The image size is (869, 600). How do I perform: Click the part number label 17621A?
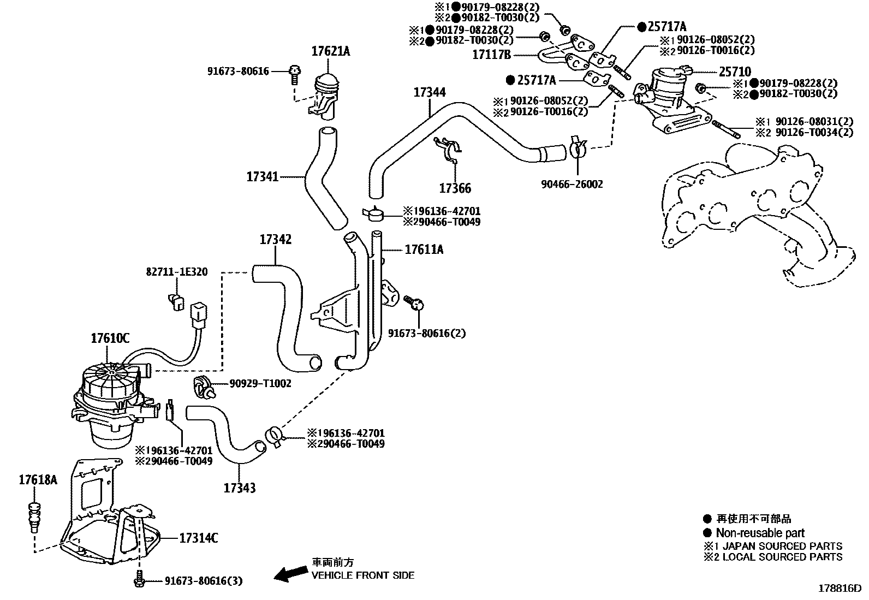coord(330,52)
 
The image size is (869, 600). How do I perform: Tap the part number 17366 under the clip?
coord(455,188)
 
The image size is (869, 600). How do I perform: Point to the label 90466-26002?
coord(572,185)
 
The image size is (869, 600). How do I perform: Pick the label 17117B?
coord(491,55)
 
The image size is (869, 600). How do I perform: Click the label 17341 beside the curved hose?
coord(263,176)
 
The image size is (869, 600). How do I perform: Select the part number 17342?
coord(275,239)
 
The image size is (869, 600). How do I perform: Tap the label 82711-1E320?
coord(176,271)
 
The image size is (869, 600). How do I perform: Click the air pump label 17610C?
coord(110,338)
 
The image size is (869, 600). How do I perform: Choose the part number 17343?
coord(239,488)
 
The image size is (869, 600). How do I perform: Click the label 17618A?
coord(37,480)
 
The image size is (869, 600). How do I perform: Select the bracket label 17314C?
coord(199,538)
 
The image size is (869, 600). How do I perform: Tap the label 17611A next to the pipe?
coord(424,249)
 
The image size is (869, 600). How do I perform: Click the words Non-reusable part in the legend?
coord(760,533)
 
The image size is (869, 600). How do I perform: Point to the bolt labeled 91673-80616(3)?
coord(139,580)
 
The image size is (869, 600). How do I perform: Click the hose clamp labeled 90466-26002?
coord(578,147)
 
